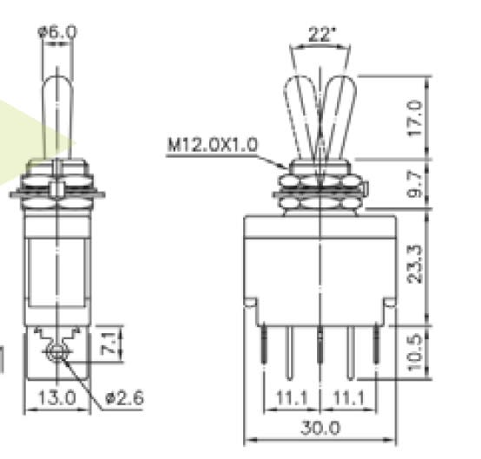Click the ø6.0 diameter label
click(x=57, y=31)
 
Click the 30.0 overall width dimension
click(x=320, y=428)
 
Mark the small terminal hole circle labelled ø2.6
click(x=57, y=351)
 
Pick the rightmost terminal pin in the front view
click(x=377, y=347)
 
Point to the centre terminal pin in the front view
click(x=320, y=347)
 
